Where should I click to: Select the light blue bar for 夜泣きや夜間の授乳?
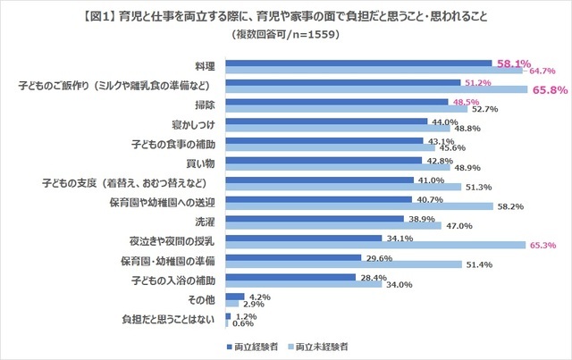375,245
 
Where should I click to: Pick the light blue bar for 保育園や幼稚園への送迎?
358,205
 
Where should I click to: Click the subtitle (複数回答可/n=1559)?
286,34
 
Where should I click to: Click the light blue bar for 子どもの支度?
342,186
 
